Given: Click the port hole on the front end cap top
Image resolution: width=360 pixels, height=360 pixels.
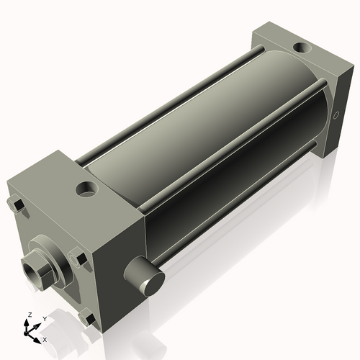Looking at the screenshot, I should point(87,191).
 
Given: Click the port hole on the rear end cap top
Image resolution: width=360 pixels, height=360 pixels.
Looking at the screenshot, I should point(299,50).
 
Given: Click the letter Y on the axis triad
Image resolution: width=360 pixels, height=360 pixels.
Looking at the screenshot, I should point(44,318).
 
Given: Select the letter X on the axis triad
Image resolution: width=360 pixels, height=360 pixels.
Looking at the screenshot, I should point(45,338).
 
